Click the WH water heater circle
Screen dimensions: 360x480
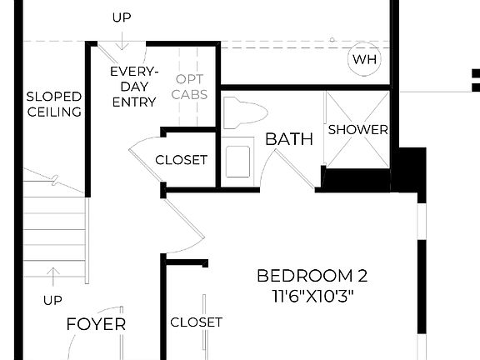(364, 59)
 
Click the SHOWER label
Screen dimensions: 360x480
(357, 129)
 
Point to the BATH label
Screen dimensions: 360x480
(289, 139)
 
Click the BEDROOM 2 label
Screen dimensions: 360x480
(312, 277)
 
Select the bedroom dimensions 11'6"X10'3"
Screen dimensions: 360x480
(312, 296)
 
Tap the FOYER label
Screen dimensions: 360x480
(96, 324)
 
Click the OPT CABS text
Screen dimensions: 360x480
(189, 87)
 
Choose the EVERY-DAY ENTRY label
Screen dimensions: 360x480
(133, 87)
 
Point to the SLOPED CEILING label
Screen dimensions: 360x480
(53, 103)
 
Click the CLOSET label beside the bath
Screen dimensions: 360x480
(181, 160)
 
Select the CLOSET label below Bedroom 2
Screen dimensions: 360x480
(197, 322)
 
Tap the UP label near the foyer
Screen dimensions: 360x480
(53, 299)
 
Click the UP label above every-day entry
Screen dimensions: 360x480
(121, 17)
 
